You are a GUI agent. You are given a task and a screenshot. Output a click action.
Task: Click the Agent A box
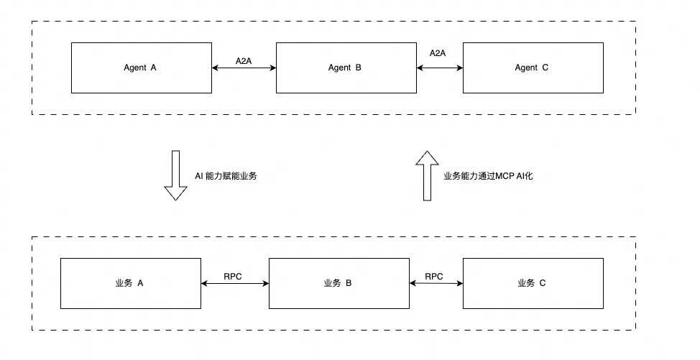click(142, 68)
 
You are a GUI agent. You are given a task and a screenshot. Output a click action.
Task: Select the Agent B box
click(346, 68)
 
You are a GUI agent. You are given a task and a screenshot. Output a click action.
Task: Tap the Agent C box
click(533, 68)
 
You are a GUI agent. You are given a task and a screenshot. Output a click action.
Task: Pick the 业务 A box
click(131, 283)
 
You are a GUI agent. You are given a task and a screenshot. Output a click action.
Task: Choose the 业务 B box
click(339, 283)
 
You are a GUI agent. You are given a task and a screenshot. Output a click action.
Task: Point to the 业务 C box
click(533, 283)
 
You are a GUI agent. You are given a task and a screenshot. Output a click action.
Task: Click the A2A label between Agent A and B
click(244, 60)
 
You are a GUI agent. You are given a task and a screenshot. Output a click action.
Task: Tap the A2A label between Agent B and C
click(438, 53)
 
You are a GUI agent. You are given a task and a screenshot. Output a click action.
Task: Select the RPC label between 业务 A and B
click(233, 277)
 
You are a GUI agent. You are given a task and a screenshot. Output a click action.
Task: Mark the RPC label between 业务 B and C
click(434, 277)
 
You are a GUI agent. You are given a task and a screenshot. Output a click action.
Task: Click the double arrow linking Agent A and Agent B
click(244, 68)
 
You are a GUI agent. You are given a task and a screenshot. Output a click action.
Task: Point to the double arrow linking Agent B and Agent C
click(440, 68)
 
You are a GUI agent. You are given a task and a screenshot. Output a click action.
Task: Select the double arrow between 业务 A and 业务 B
click(235, 283)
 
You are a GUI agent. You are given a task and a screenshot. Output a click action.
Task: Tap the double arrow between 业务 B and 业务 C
click(436, 283)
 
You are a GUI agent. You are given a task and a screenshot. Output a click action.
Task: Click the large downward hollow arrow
click(176, 175)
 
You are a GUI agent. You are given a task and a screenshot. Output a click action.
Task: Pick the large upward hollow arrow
click(427, 176)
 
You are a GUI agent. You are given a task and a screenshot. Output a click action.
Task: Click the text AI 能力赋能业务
click(226, 176)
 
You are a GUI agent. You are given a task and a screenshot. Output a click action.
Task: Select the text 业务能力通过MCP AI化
click(489, 176)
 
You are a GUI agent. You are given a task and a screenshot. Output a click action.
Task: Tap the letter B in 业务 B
click(349, 283)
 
